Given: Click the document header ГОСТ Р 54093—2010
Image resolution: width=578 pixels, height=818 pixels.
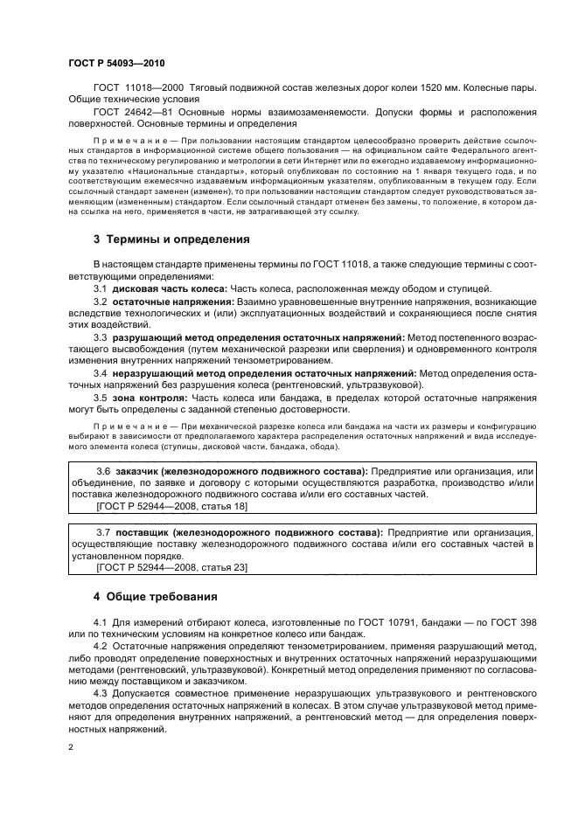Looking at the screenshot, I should pyautogui.click(x=115, y=65).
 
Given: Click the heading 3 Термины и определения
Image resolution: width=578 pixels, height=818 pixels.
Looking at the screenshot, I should pyautogui.click(x=171, y=238).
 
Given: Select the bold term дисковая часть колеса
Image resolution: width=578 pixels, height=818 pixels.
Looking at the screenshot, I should pyautogui.click(x=171, y=288).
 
